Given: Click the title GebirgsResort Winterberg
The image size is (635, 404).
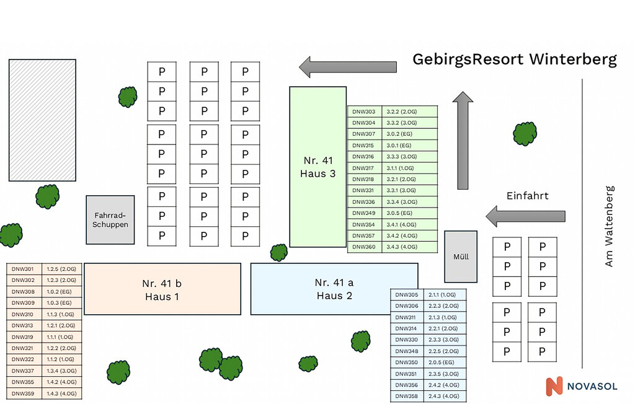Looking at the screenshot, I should (515, 59).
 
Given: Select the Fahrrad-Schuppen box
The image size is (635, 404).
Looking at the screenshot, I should (110, 219).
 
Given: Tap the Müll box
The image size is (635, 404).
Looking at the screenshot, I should (461, 257).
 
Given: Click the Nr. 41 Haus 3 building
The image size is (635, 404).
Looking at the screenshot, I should (317, 167).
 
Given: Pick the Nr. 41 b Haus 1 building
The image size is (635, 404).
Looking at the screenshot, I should (162, 289).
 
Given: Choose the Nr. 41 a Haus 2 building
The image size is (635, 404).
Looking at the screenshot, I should (334, 289).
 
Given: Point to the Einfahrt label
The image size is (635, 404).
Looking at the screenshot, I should (527, 196).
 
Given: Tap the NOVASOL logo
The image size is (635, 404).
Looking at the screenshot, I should (581, 386).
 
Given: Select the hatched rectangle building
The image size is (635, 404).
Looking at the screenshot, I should (42, 120).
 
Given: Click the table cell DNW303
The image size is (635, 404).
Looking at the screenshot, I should (364, 112).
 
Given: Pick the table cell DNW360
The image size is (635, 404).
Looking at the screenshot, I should (364, 247).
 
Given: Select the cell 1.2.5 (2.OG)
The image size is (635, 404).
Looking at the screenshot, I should (61, 269).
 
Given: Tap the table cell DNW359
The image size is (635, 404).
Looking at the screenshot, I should (24, 393).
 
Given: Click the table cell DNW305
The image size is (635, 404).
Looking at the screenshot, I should (407, 295).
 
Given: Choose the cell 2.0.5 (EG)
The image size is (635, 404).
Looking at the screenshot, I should (443, 362).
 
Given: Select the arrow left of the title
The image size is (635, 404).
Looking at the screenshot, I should (348, 66).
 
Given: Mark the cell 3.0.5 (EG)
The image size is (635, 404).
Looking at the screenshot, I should (400, 213).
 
